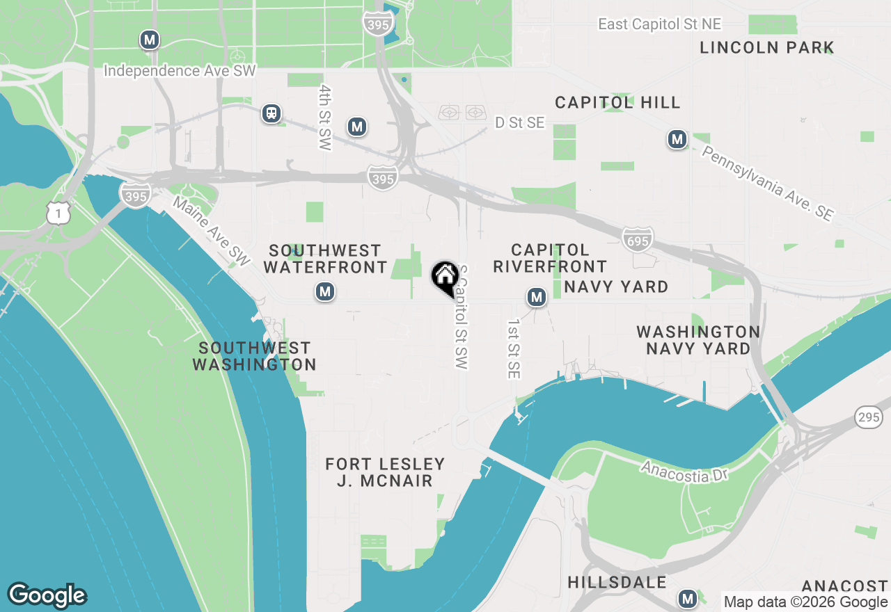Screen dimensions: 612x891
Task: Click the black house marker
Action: coord(445,277)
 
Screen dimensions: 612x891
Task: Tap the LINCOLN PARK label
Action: coord(766,48)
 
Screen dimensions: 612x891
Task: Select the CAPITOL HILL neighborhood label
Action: coord(617,102)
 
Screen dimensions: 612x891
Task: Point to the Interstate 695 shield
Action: coord(638,239)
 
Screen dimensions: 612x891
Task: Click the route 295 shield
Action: coord(869,417)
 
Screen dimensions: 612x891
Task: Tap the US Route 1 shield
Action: coord(59,214)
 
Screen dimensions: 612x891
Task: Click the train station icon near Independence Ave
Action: coord(271,113)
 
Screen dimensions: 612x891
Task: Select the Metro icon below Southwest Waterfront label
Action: coord(324,291)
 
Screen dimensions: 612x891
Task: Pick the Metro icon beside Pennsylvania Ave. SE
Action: coord(677,140)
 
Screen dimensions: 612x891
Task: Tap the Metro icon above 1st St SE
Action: coord(536,298)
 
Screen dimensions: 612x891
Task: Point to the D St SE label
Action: coord(519,123)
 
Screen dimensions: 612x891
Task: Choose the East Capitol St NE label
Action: coord(659,24)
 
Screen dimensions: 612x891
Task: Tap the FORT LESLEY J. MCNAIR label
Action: coord(385,472)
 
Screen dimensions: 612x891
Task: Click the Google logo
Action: coord(47,595)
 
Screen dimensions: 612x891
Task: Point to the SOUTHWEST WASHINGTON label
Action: coord(254,356)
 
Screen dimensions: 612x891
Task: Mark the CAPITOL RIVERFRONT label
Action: coord(550,258)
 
